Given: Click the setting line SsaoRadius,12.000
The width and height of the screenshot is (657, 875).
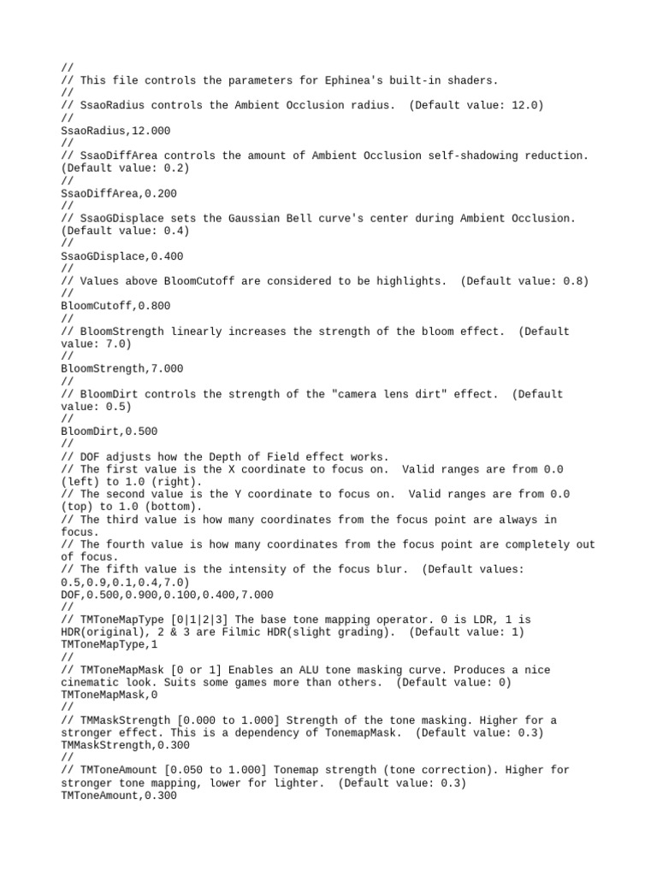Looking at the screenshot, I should point(115,131).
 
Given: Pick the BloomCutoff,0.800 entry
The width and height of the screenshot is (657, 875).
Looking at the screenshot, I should point(115,306).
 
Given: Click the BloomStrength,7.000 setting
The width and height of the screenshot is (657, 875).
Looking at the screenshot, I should point(121,368).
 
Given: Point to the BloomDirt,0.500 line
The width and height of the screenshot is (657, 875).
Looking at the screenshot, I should point(109,432).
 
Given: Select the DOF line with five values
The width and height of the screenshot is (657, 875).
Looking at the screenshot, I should point(168,595).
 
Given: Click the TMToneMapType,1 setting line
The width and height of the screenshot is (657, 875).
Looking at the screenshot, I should point(109,644).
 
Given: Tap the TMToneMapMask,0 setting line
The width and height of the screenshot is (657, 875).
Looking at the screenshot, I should point(109,695).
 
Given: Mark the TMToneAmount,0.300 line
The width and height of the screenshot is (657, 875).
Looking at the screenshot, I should point(119,796).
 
